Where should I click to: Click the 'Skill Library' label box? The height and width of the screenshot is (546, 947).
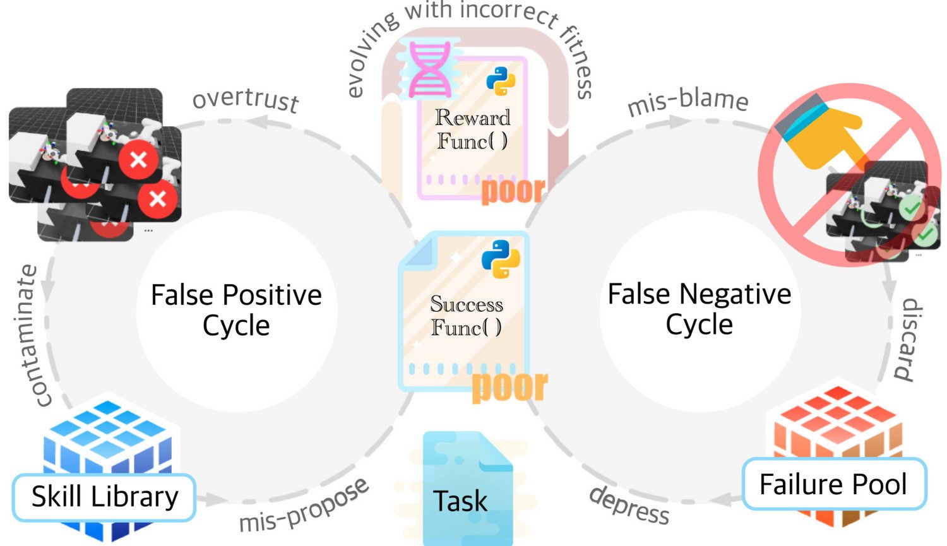[x=104, y=497]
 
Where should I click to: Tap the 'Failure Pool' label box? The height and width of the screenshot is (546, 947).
[x=833, y=485]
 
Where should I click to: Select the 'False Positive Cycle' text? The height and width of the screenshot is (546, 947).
[x=236, y=310]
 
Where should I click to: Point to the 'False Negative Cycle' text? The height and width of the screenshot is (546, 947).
[x=699, y=309]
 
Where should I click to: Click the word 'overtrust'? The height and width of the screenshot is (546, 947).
[x=246, y=100]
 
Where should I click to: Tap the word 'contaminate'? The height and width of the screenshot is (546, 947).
[x=34, y=335]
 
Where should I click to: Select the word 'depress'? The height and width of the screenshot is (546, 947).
[x=629, y=505]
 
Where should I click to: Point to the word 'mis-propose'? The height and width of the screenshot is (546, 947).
[x=304, y=506]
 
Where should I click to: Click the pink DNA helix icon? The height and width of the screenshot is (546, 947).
[x=429, y=69]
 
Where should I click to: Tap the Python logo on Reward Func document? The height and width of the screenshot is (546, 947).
[x=501, y=83]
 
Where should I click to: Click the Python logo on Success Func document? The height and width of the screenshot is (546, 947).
[x=500, y=259]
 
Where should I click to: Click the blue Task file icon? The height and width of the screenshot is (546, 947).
[x=467, y=489]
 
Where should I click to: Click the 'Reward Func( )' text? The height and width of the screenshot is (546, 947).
[x=472, y=129]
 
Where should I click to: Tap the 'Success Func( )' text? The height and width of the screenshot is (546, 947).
[x=467, y=316]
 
